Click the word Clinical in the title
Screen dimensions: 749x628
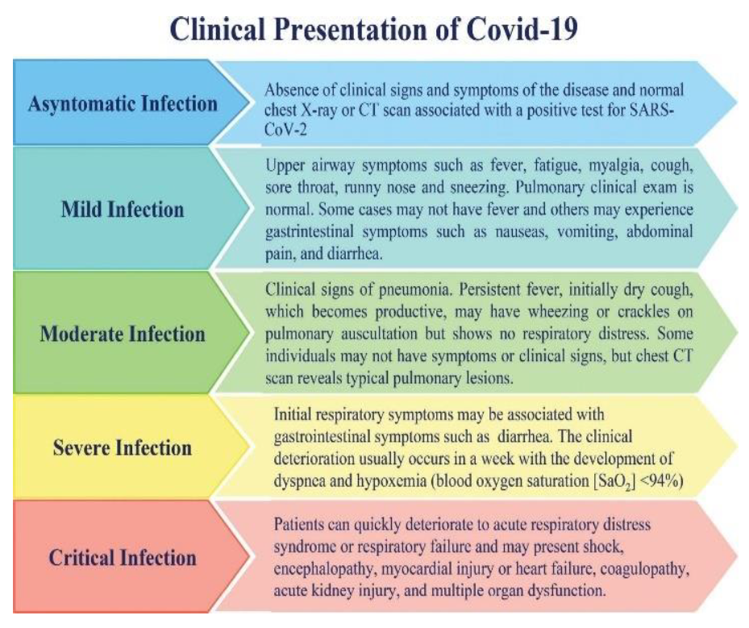[x=218, y=29]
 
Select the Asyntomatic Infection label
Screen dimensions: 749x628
[x=123, y=104]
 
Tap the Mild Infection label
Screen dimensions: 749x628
[x=123, y=210]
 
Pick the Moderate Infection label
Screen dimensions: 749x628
[x=123, y=334]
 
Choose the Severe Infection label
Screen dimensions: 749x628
[x=123, y=448]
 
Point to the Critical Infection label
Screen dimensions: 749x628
[x=123, y=558]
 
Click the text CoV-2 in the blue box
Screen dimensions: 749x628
[x=285, y=130]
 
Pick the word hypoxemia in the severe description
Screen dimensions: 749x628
[x=391, y=481]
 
